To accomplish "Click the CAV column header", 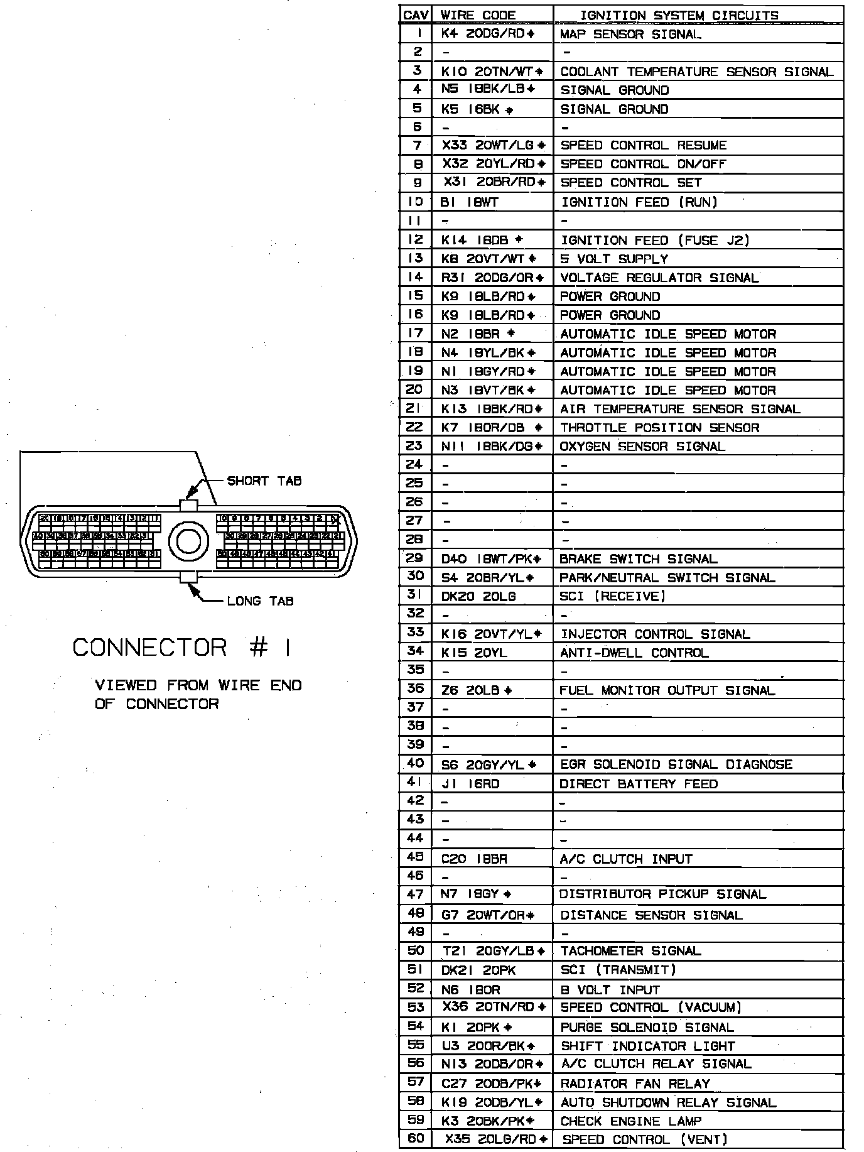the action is click(x=415, y=15).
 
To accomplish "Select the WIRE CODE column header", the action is click(x=478, y=15).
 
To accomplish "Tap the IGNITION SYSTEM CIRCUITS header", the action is click(x=679, y=15).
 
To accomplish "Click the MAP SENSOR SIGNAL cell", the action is click(x=630, y=34).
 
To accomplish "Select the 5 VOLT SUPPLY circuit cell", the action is click(x=613, y=259).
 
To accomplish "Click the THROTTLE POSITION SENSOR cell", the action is click(x=659, y=428).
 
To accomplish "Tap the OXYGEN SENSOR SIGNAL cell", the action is click(x=642, y=447).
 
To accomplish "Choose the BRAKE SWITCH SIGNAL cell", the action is click(x=638, y=559).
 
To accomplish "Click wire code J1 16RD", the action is click(x=470, y=784).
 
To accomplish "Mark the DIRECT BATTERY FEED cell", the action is click(x=638, y=784).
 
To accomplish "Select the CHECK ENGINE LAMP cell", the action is click(x=630, y=1121).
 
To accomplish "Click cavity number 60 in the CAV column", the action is click(x=415, y=1138).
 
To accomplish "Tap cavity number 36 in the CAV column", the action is click(x=415, y=689).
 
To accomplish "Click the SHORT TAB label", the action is click(x=264, y=481).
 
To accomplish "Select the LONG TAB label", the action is click(x=260, y=601).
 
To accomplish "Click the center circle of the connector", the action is click(x=188, y=541).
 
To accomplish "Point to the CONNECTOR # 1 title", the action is click(x=182, y=648).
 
